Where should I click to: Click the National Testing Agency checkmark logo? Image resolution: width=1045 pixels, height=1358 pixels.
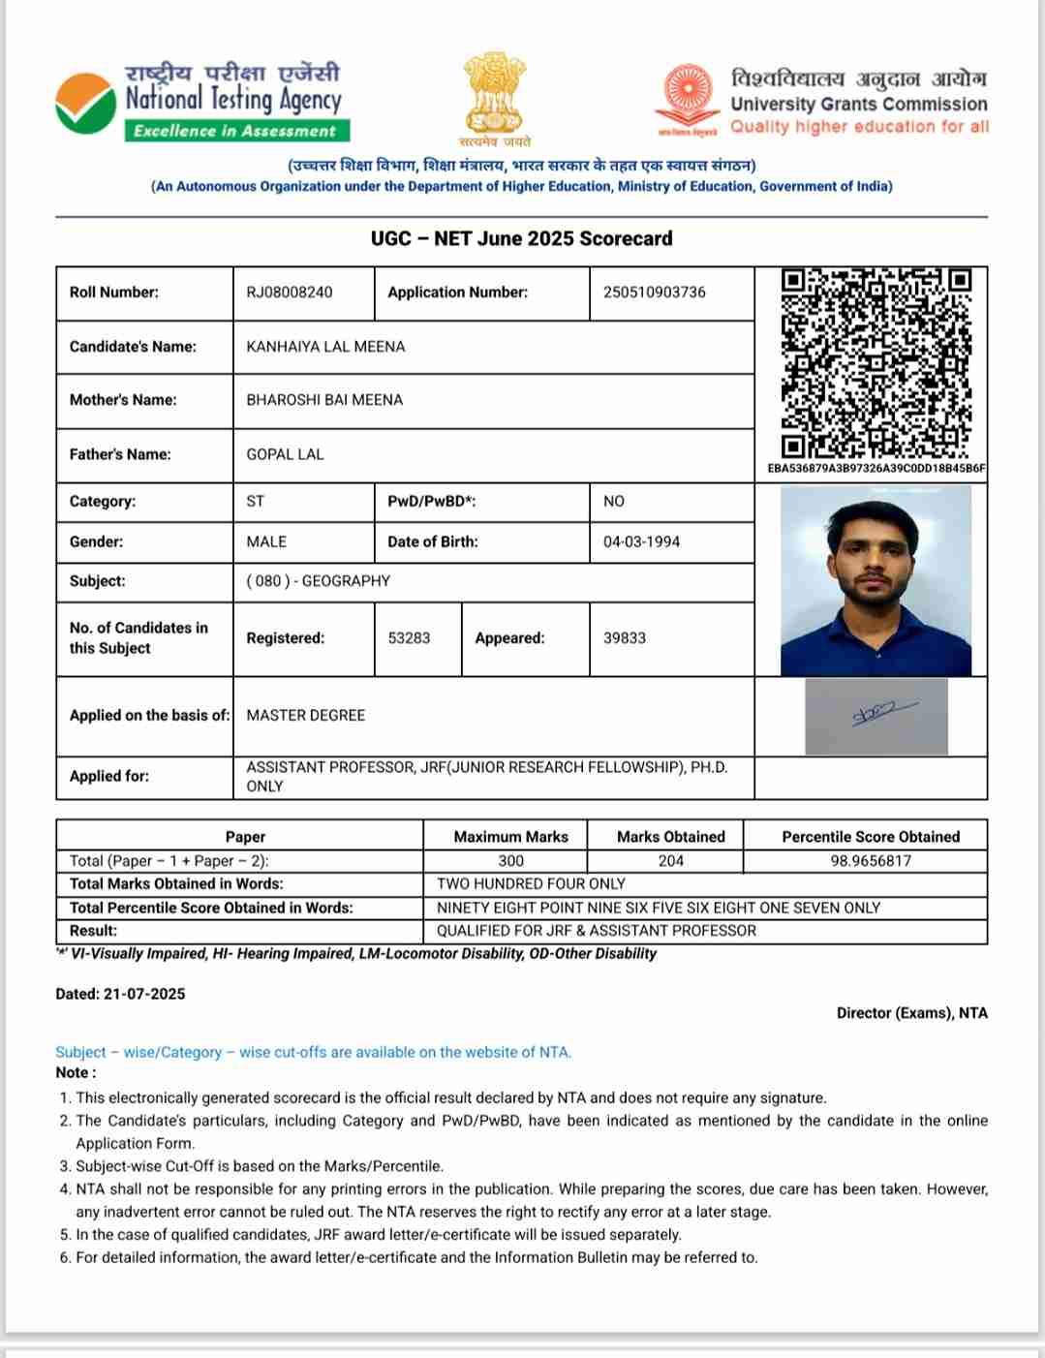(x=85, y=104)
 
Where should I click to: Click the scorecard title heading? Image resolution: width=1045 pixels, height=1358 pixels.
(x=521, y=238)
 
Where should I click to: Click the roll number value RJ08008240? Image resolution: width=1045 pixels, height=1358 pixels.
(x=290, y=293)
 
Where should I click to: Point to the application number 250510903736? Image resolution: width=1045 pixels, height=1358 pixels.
(x=654, y=293)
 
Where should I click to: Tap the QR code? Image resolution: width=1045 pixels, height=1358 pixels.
(x=876, y=363)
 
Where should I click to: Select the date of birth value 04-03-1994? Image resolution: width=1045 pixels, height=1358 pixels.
(x=641, y=541)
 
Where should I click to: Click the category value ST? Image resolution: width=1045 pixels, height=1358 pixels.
(x=255, y=502)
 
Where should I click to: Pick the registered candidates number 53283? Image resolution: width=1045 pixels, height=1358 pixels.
(x=409, y=638)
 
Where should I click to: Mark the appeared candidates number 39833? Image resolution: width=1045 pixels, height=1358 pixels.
(x=624, y=638)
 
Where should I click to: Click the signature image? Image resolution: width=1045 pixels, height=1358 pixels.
(x=876, y=716)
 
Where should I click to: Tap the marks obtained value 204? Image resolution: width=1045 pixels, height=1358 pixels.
(x=670, y=861)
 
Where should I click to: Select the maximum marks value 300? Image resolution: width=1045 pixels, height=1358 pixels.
(x=510, y=861)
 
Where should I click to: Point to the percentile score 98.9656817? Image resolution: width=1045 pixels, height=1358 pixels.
(x=870, y=861)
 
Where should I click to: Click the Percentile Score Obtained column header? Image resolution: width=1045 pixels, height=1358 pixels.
(x=870, y=837)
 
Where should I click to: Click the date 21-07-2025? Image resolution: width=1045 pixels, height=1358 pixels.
(x=143, y=994)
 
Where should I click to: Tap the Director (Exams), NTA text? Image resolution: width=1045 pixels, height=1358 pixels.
(x=911, y=1013)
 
